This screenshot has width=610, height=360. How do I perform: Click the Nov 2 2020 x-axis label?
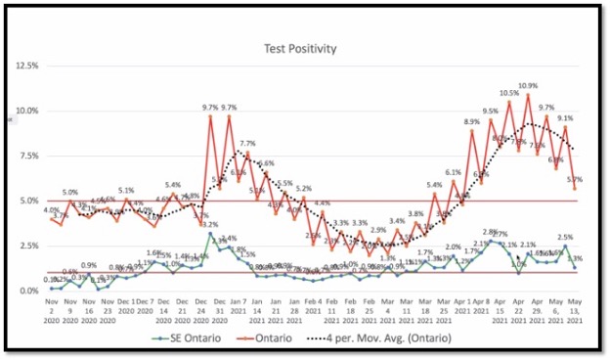tap(52, 311)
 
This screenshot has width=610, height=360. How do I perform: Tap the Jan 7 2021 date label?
tap(239, 311)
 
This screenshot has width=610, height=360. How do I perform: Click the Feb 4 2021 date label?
tap(313, 311)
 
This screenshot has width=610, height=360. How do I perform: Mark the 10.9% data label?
tap(528, 86)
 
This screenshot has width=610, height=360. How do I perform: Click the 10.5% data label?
tap(509, 94)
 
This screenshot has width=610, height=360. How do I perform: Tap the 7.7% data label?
tap(247, 144)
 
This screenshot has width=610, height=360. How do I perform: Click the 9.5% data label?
tap(491, 112)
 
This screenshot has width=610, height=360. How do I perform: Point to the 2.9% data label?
tap(378, 231)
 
